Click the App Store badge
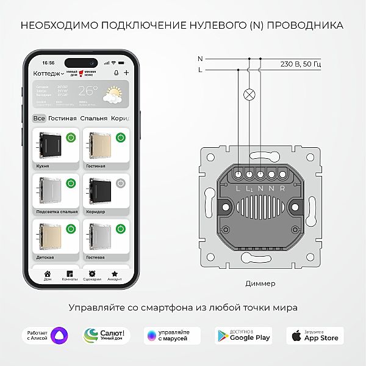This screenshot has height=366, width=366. [315, 335]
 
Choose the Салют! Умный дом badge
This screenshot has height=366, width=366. [107, 335]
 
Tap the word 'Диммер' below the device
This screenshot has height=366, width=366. [260, 284]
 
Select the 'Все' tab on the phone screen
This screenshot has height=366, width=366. [39, 118]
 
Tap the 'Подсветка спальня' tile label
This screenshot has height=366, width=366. [56, 211]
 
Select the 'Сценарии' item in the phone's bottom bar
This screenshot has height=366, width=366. [93, 276]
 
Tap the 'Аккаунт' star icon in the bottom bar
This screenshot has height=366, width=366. [115, 273]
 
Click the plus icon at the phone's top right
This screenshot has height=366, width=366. [126, 73]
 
